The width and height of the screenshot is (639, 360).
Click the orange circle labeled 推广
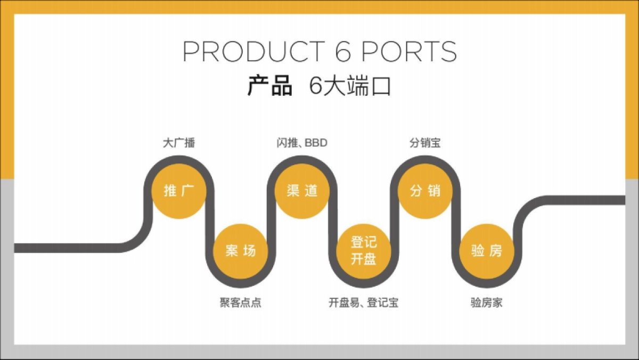coord(179,191)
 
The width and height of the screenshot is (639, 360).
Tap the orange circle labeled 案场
coord(240,251)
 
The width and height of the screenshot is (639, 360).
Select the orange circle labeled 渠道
coord(302,191)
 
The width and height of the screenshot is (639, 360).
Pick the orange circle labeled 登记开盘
coord(364,251)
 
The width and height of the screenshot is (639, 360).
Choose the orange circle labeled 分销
coord(425,191)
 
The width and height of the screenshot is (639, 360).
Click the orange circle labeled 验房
coord(487,251)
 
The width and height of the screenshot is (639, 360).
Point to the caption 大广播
coord(179,143)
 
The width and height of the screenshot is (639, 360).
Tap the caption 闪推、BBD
coord(302,143)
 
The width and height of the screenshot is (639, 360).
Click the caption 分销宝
coord(425,143)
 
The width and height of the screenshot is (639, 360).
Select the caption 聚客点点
coord(240,303)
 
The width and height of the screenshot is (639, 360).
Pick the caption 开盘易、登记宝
coord(364,303)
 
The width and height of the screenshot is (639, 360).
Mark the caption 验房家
coord(487,303)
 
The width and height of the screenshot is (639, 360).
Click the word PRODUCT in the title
coord(253,51)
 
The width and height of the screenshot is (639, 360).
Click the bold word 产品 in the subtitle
coord(270,86)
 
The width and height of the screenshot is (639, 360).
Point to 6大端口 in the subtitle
coord(350,86)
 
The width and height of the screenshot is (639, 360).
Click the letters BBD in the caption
coord(316,143)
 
